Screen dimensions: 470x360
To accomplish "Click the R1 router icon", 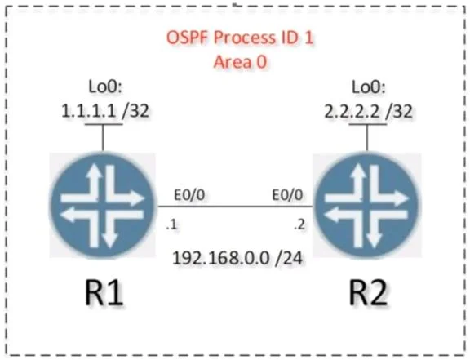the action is click(102, 206).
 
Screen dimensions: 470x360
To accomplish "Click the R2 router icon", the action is click(367, 206).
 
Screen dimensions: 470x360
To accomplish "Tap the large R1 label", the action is click(104, 292).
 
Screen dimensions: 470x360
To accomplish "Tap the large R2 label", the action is click(368, 292).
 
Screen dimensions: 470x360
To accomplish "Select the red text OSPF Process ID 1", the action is click(240, 38).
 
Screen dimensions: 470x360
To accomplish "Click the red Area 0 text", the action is click(240, 62).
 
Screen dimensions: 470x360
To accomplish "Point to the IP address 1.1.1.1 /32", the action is click(105, 111).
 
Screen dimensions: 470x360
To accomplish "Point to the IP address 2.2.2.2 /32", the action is click(368, 111).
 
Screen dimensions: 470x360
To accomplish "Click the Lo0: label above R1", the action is click(105, 87).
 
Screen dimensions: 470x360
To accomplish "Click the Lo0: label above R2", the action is click(368, 87).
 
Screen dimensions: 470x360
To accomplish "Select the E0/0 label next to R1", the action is click(189, 195).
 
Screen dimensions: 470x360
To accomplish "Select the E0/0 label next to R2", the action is click(287, 195).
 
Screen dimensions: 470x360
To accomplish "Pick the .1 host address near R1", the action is click(171, 224).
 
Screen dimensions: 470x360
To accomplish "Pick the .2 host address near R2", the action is click(299, 224).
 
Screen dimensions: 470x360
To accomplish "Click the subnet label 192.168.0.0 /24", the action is click(237, 258).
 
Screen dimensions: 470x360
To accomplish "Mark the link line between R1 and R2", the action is click(236, 207).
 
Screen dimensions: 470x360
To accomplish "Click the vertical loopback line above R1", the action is click(103, 137).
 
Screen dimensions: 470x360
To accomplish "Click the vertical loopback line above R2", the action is click(367, 137).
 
